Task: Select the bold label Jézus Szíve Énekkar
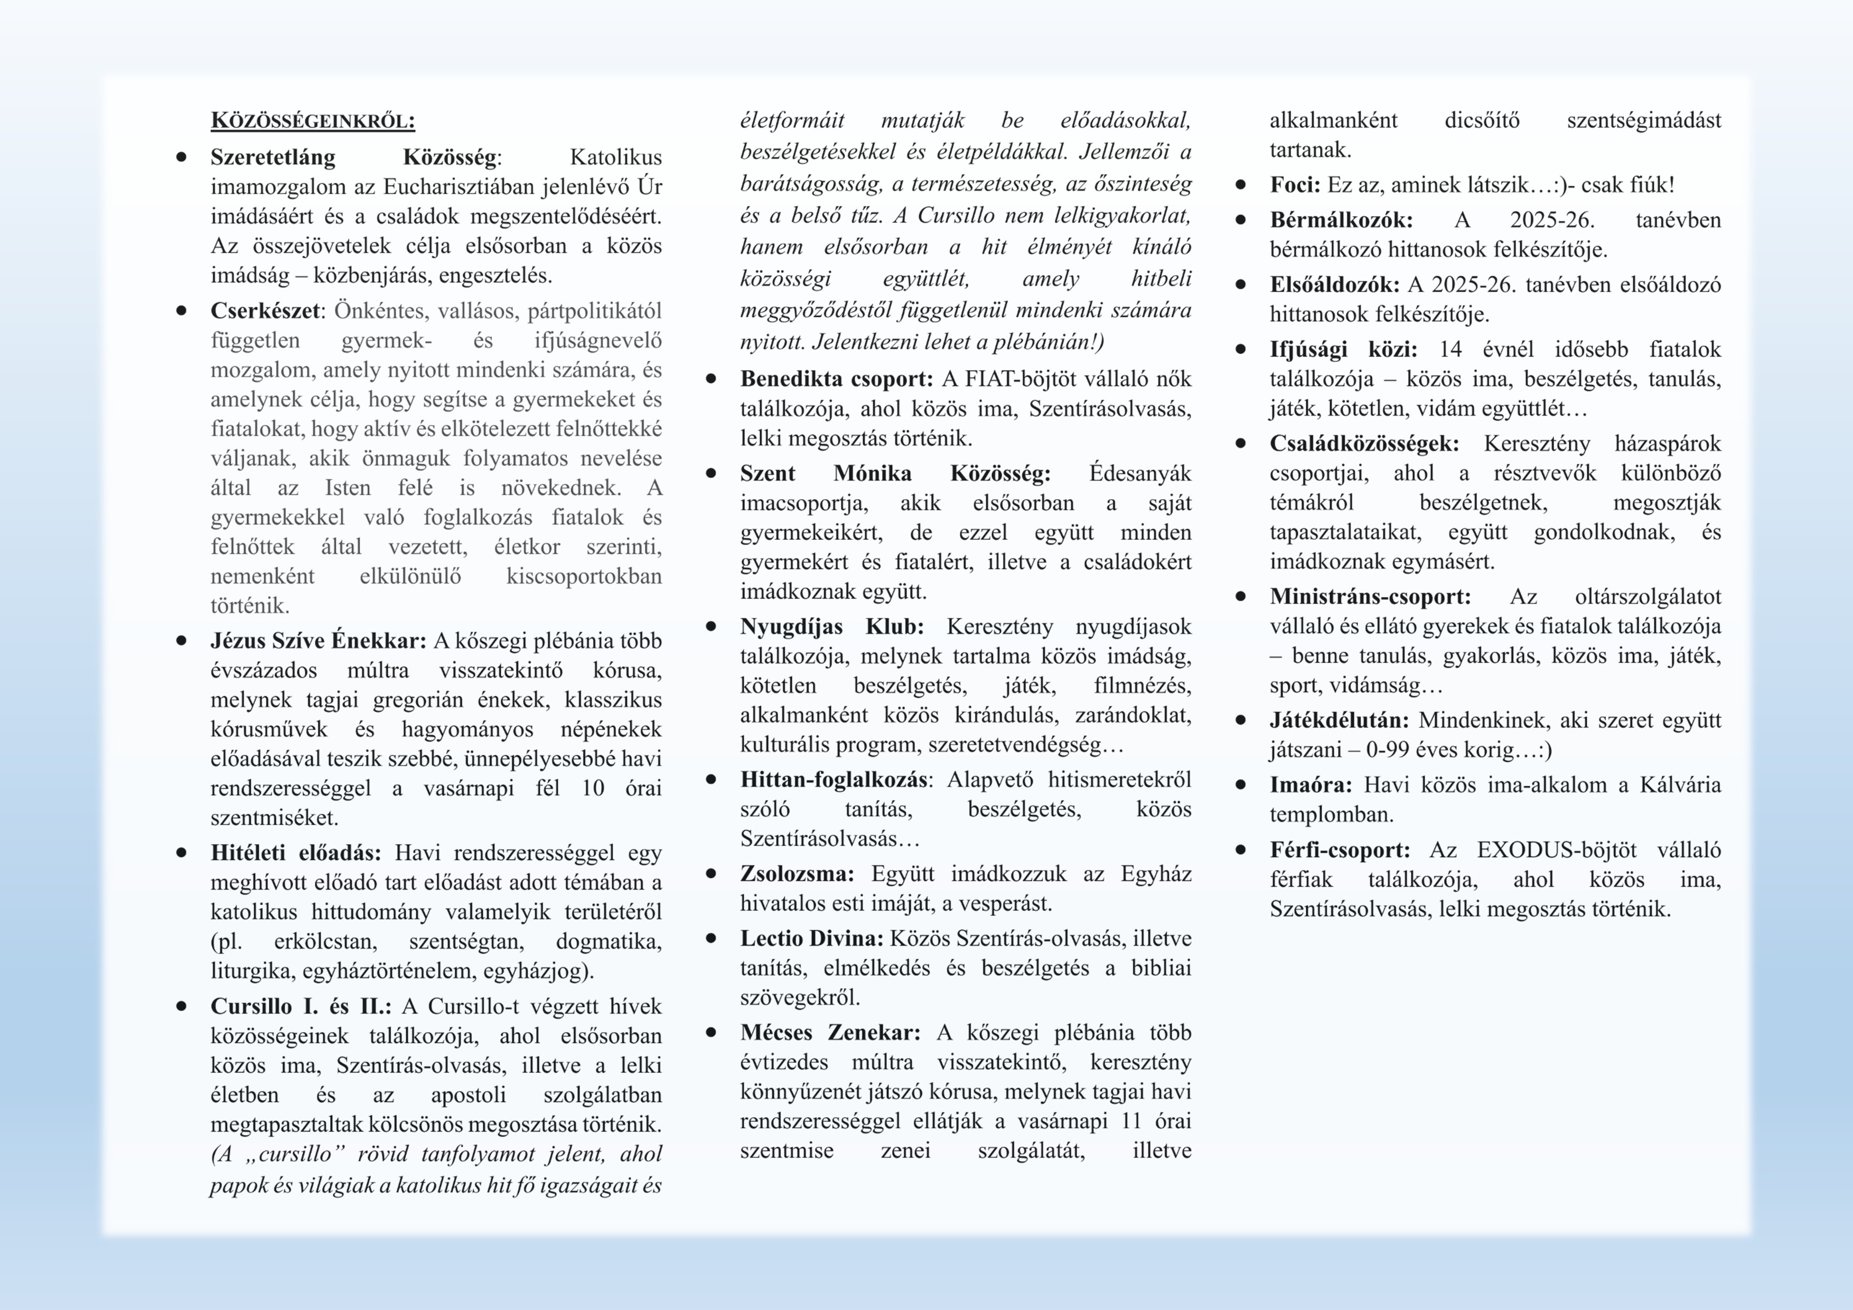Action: click(x=318, y=641)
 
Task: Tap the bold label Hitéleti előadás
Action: click(x=295, y=853)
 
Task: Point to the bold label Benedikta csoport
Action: click(x=836, y=379)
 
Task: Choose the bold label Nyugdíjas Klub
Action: click(x=831, y=626)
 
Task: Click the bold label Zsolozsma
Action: click(x=797, y=874)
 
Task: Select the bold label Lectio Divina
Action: click(x=812, y=939)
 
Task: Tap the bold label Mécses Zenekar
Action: click(x=830, y=1033)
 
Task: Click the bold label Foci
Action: click(x=1295, y=185)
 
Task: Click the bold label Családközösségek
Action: click(x=1364, y=444)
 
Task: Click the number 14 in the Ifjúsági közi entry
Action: click(x=1450, y=350)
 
